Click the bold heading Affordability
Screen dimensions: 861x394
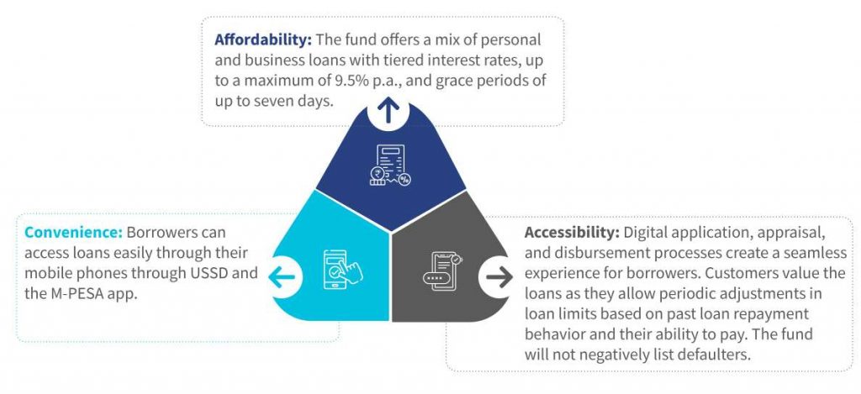(x=263, y=40)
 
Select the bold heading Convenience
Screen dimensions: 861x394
(x=74, y=232)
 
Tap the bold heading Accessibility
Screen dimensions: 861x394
(x=572, y=233)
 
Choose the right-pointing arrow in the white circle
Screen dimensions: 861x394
(x=499, y=278)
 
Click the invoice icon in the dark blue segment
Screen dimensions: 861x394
(x=390, y=165)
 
